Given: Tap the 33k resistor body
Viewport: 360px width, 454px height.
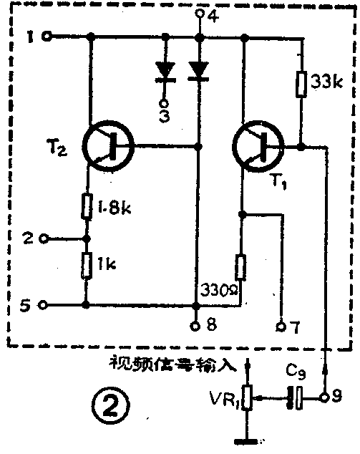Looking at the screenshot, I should (302, 82).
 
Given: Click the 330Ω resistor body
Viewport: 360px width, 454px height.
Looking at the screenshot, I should (241, 268).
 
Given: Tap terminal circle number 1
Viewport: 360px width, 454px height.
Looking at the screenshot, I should (47, 36).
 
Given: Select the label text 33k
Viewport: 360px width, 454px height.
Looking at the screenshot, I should (328, 82).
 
